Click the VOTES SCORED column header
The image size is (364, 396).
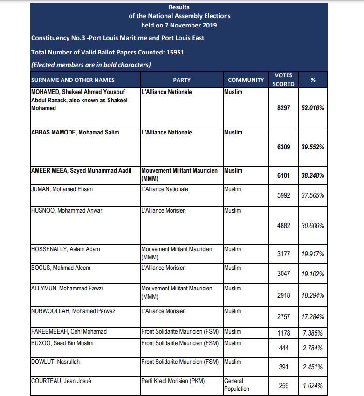[x=283, y=80]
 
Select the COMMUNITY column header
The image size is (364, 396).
[x=246, y=80]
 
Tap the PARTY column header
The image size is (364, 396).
[x=181, y=80]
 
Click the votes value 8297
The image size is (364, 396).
[x=283, y=107]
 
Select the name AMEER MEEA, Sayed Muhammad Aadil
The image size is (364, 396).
[x=81, y=171]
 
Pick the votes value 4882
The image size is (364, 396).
[x=283, y=226]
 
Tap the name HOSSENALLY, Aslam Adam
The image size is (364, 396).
[x=65, y=249]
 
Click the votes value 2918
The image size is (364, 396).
[x=283, y=295]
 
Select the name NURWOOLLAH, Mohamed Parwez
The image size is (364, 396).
[x=73, y=311]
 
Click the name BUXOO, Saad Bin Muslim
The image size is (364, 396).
[x=62, y=343]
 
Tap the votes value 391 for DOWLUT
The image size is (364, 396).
[x=283, y=367]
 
